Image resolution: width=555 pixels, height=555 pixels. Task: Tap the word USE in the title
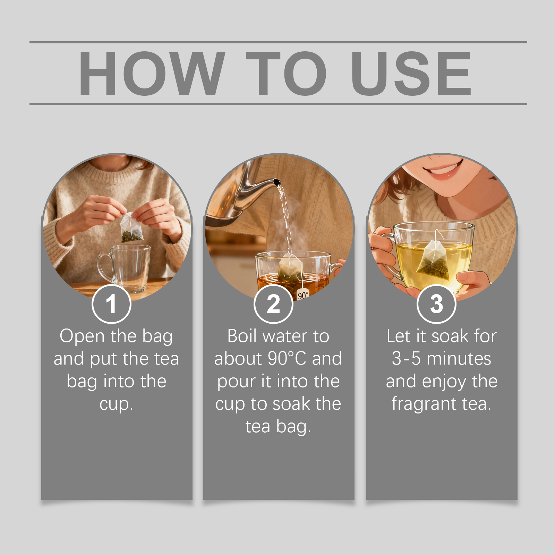click(411, 73)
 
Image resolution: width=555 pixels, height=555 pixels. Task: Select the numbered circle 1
click(111, 304)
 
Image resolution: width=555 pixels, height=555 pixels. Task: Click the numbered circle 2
click(273, 304)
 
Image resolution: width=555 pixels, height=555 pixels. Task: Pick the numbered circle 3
click(436, 304)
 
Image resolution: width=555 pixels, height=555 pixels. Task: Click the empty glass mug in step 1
click(125, 268)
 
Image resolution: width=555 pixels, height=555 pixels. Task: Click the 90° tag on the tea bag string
click(303, 294)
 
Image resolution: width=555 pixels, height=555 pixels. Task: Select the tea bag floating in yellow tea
click(434, 260)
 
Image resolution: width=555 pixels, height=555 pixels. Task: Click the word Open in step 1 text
click(82, 336)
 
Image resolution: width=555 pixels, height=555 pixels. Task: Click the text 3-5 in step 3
click(406, 359)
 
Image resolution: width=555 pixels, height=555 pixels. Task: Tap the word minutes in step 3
click(459, 359)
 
